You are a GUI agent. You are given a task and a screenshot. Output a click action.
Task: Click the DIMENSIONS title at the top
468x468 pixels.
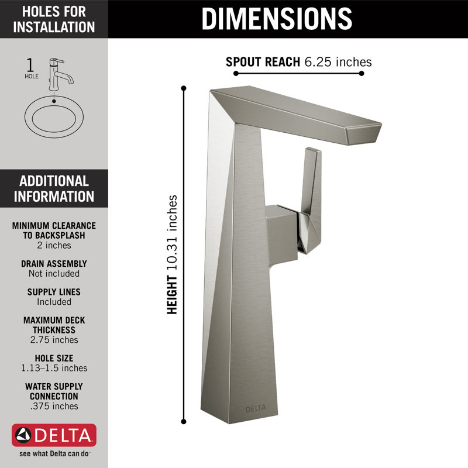(277, 19)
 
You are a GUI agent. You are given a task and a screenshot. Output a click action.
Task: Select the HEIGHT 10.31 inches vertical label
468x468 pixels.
(172, 254)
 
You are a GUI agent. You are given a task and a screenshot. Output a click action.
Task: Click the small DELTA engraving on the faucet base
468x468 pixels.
(254, 408)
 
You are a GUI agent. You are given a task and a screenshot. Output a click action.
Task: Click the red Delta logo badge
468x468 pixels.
(54, 436)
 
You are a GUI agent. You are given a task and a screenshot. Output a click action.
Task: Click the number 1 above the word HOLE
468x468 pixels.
(31, 64)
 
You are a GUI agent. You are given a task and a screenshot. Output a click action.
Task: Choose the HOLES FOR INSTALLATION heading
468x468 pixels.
(54, 19)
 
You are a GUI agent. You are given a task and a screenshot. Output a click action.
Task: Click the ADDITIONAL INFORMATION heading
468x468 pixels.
(54, 188)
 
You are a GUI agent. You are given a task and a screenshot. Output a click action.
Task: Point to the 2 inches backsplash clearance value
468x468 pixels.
(54, 246)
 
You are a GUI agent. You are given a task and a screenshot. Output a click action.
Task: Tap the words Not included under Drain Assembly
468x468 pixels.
(54, 274)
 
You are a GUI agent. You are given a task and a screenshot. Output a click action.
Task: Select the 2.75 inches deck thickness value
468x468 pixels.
(54, 340)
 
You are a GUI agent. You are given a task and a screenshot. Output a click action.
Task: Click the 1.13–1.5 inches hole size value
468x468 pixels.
(54, 368)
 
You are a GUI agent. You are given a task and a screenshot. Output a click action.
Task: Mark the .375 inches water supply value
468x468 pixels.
(54, 406)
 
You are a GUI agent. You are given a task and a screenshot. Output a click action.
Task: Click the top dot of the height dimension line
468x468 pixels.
(184, 88)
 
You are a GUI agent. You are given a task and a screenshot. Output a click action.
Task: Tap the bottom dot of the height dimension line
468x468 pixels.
(184, 421)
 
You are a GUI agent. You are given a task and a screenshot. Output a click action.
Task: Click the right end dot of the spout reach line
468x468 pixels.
(362, 74)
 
